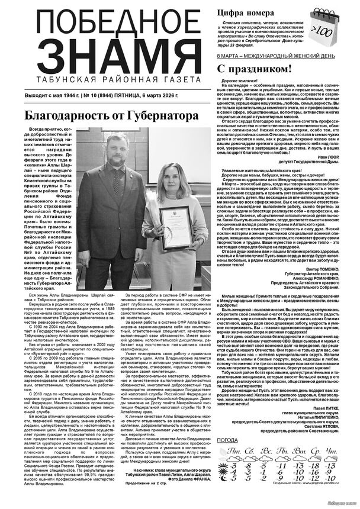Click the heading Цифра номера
pos(246,12)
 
